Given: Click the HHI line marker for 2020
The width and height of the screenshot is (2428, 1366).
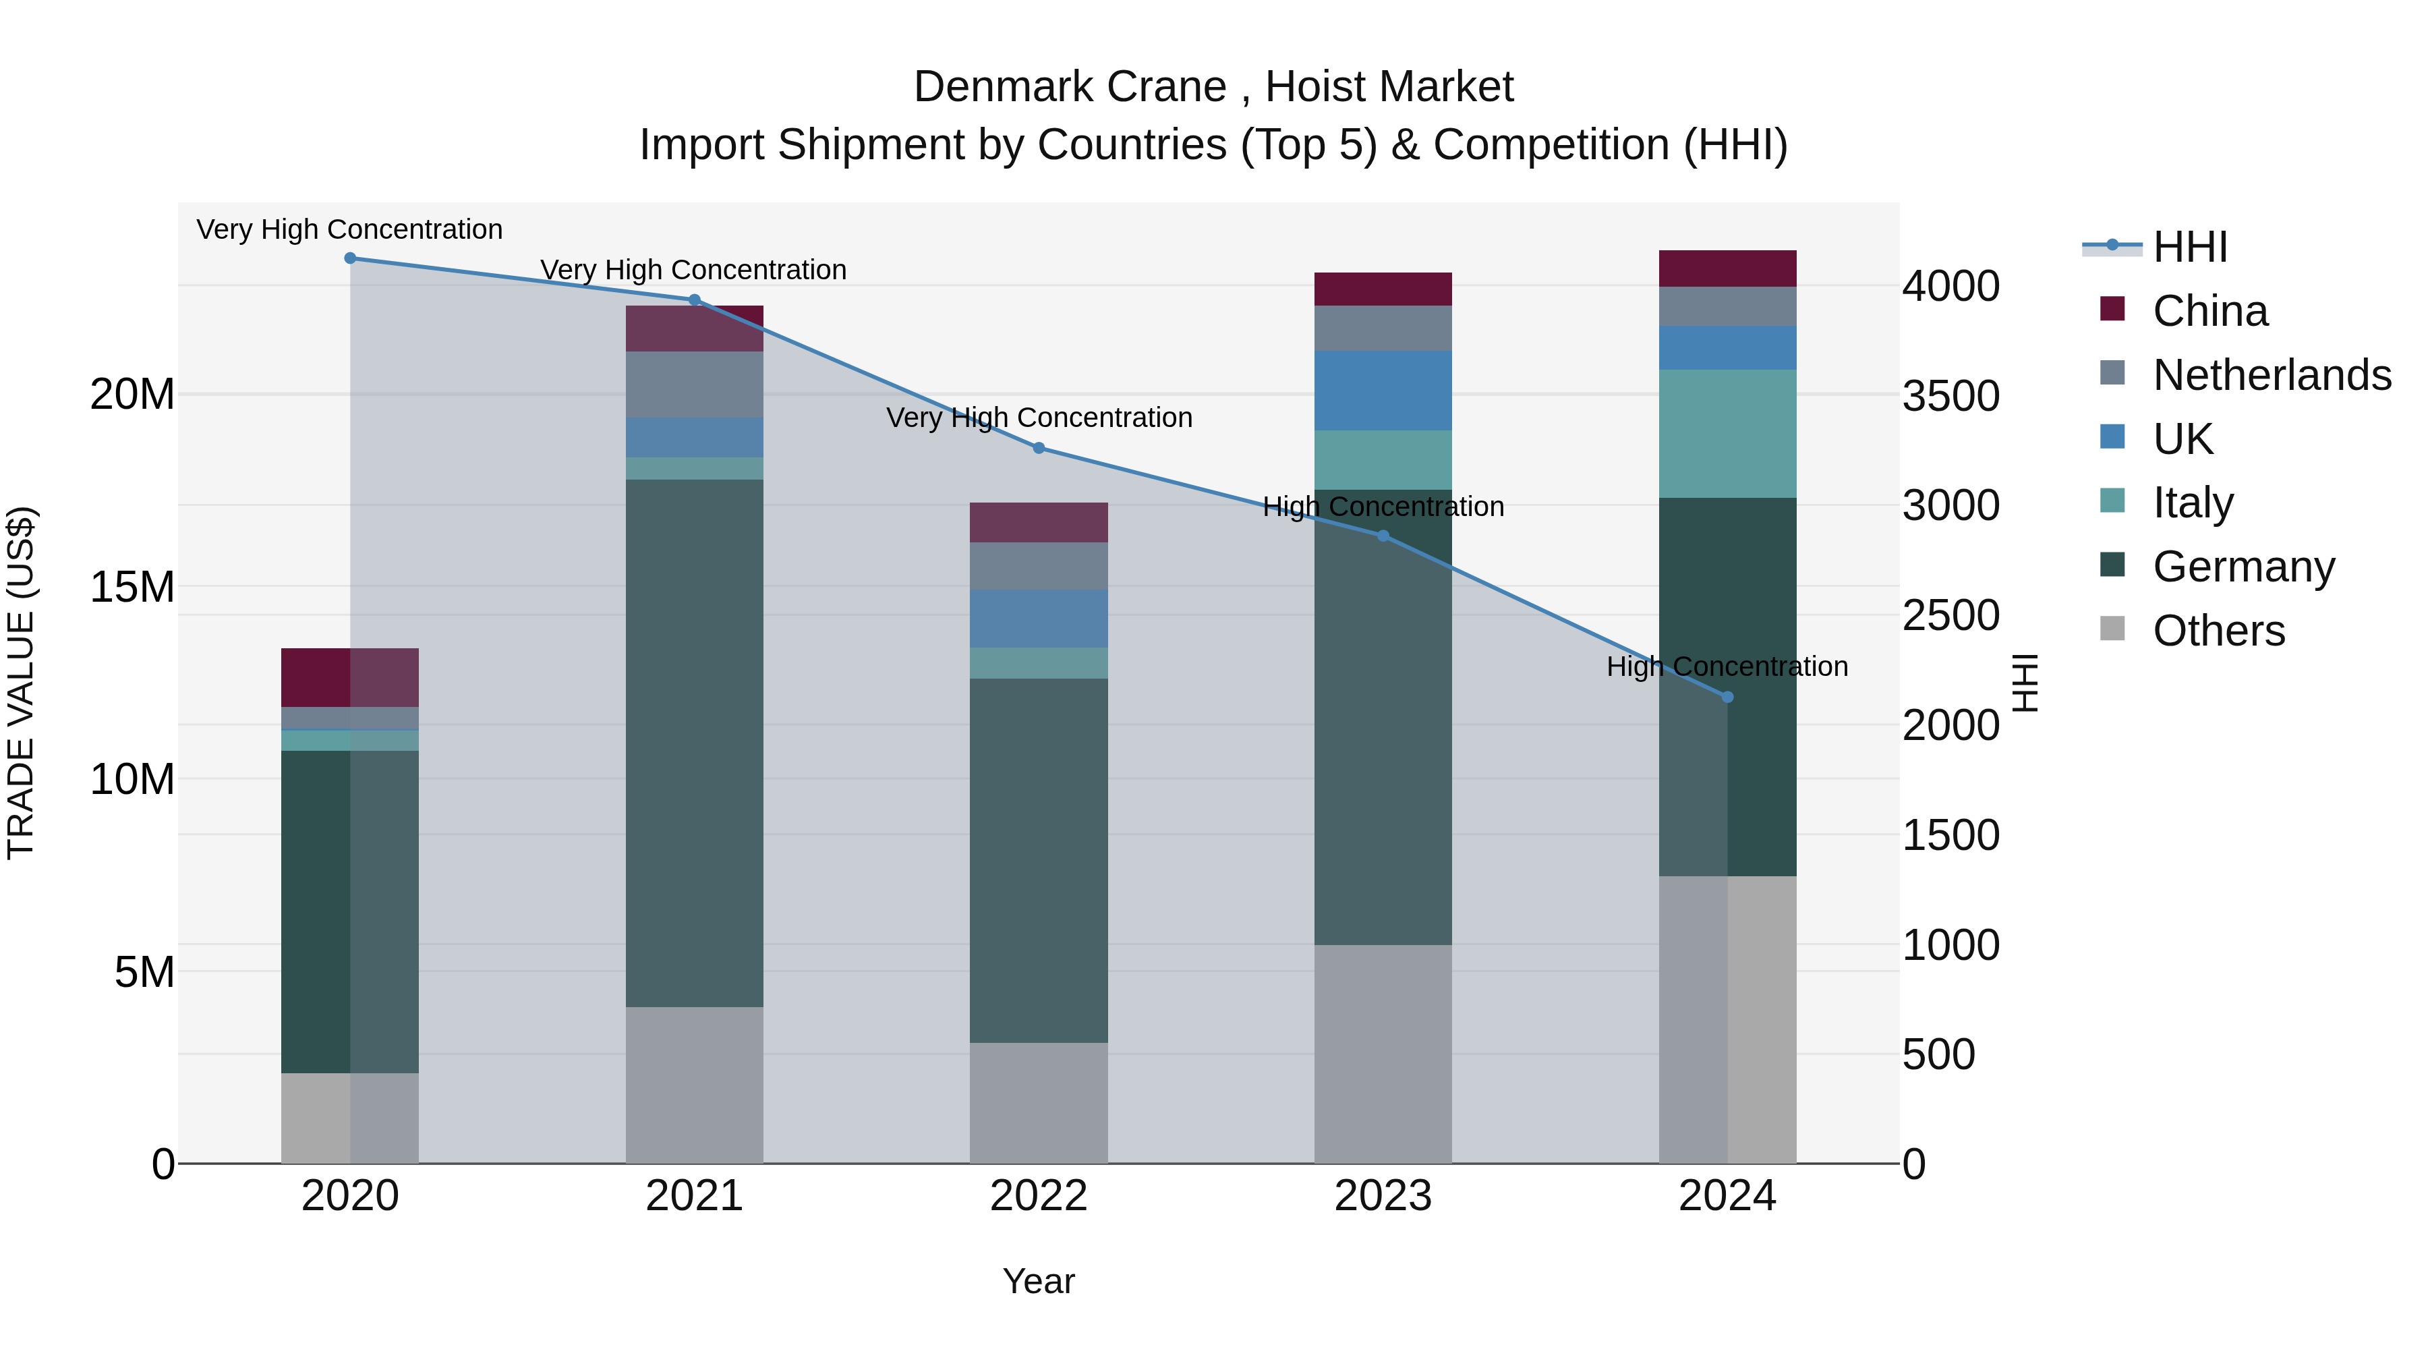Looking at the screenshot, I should point(349,258).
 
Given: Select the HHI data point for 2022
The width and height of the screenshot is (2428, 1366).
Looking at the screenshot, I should point(1039,448).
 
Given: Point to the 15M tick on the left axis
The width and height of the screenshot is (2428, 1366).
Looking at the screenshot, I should point(132,588).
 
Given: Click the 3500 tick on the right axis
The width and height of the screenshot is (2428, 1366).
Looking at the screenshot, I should point(1950,396).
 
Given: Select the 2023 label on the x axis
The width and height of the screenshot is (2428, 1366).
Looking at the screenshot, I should point(1383,1196).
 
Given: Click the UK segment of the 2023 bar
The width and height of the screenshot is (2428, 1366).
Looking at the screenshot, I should point(1383,391).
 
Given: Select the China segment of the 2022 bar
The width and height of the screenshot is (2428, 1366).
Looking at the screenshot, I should point(1039,522).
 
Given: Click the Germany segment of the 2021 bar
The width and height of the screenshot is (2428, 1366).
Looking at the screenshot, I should point(695,743).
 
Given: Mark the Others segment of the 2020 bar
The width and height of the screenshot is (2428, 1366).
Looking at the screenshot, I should point(349,1118).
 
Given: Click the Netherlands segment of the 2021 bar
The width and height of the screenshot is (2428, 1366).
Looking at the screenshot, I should point(695,385).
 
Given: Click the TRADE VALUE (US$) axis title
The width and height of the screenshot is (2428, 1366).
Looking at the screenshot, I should point(21,683).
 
